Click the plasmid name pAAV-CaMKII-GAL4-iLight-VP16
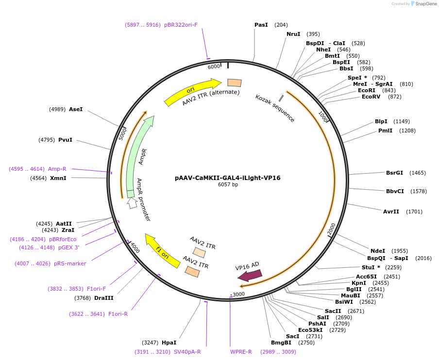pyautogui.click(x=227, y=178)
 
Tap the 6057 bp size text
pyautogui.click(x=228, y=185)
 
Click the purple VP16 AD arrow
pyautogui.click(x=250, y=275)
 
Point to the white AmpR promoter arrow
pyautogui.click(x=132, y=203)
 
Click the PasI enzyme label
pyautogui.click(x=261, y=25)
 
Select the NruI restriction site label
pyautogui.click(x=293, y=34)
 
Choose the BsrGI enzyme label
pyautogui.click(x=394, y=173)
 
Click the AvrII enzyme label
pyautogui.click(x=391, y=212)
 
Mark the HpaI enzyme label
pyautogui.click(x=169, y=343)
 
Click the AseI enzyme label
pyautogui.click(x=76, y=109)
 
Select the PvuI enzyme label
pyautogui.click(x=65, y=140)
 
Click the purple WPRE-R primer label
pyautogui.click(x=241, y=352)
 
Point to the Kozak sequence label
pyautogui.click(x=275, y=109)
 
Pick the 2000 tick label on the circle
pyautogui.click(x=332, y=228)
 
